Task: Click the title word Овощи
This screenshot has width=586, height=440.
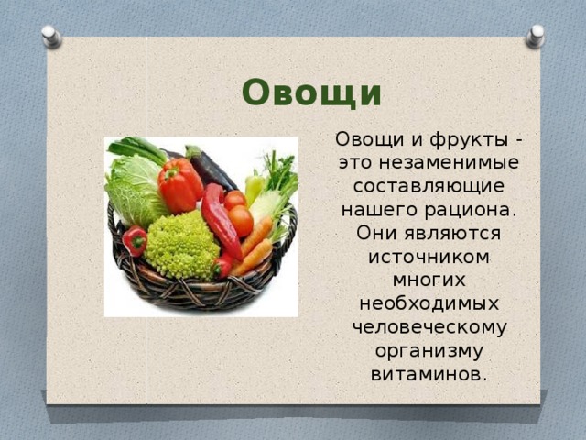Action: click(311, 93)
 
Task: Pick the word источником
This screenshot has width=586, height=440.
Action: click(429, 258)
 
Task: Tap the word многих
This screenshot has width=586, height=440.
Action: click(429, 280)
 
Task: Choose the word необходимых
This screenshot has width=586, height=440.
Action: click(429, 303)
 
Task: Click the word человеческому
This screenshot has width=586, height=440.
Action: click(429, 327)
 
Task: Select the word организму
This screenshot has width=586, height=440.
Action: click(429, 350)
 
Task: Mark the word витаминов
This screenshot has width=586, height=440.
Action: click(429, 374)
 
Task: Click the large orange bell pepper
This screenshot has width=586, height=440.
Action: click(180, 185)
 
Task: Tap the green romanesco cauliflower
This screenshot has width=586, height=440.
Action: click(183, 246)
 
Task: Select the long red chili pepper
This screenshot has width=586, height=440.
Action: click(220, 220)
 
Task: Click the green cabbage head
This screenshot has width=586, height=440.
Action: click(134, 189)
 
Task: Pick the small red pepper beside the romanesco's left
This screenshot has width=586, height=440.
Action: click(136, 240)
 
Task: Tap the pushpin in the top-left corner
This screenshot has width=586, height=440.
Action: click(52, 37)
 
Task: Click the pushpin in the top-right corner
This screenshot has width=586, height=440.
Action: click(535, 36)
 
